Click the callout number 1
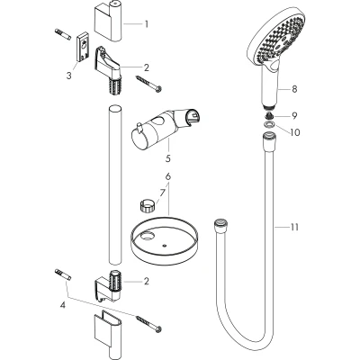pyautogui.click(x=147, y=23)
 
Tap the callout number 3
pyautogui.click(x=69, y=76)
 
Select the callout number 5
pyautogui.click(x=167, y=157)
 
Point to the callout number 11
pyautogui.click(x=294, y=227)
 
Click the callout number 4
pyautogui.click(x=63, y=306)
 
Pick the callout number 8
pyautogui.click(x=294, y=89)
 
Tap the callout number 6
pyautogui.click(x=168, y=176)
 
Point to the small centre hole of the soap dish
pyautogui.click(x=164, y=246)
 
